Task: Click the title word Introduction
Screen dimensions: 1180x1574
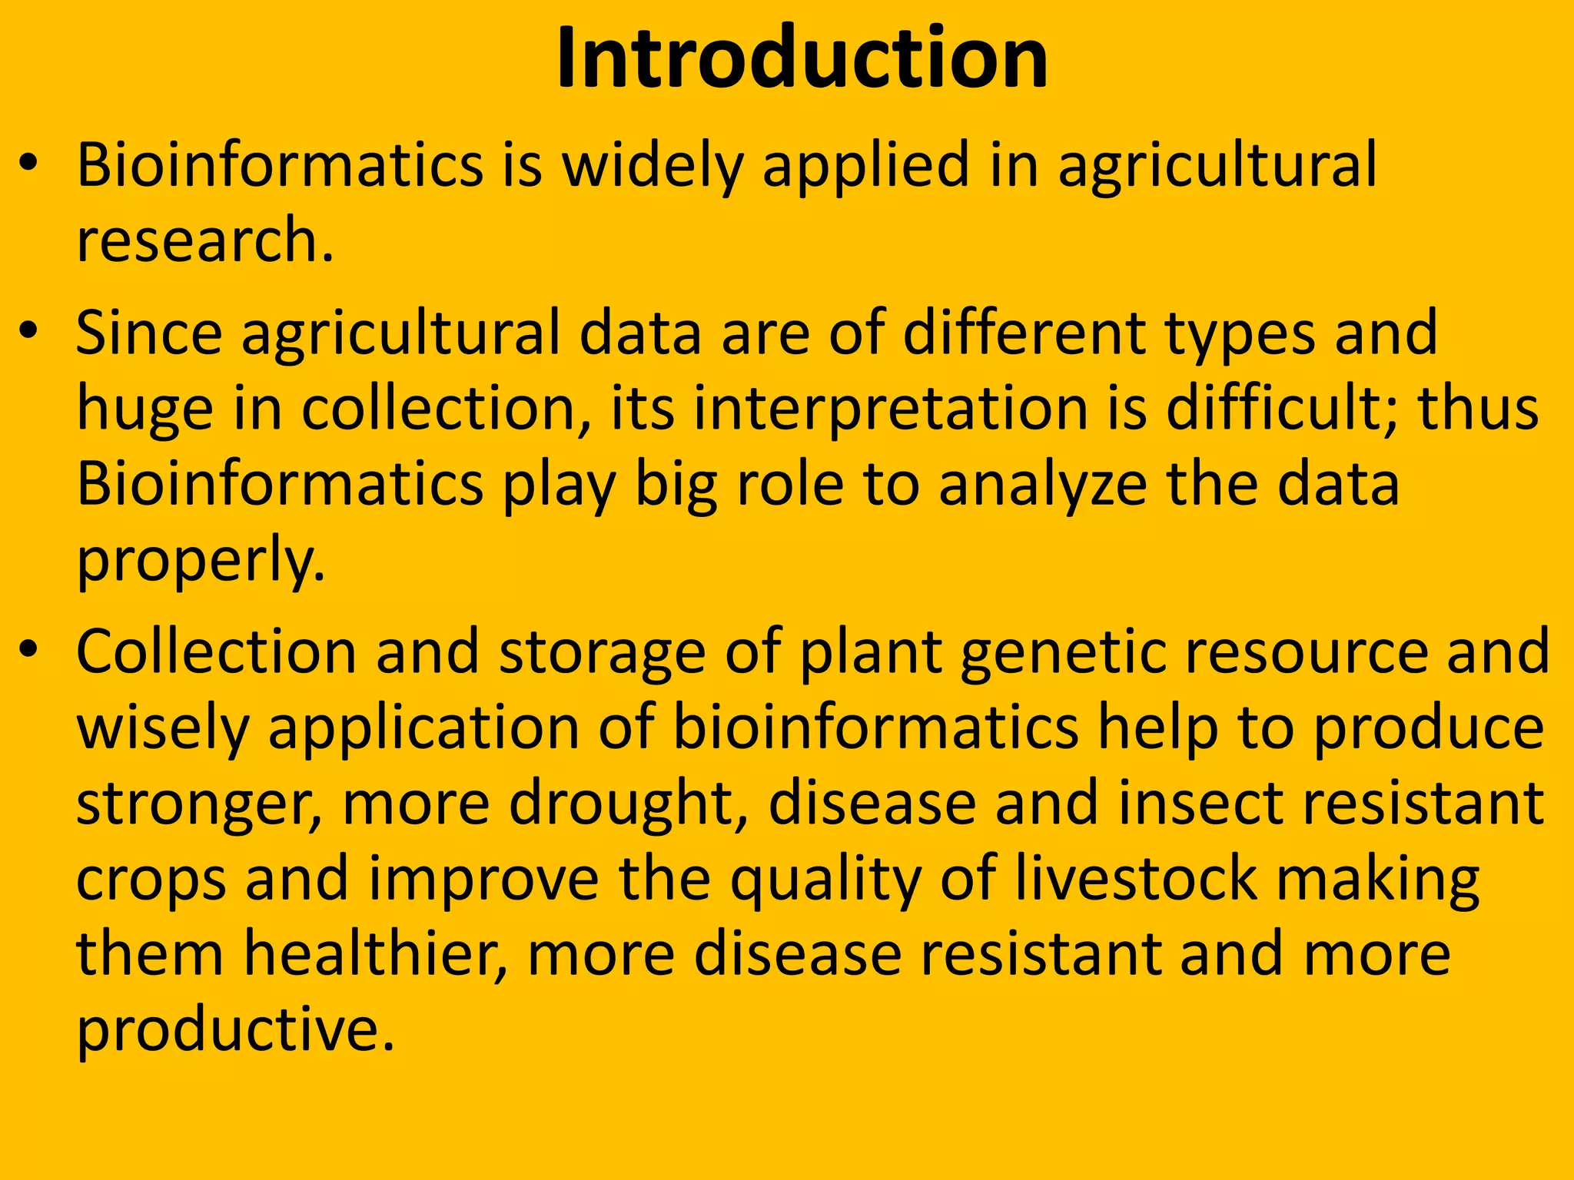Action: tap(802, 58)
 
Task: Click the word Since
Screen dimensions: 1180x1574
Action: tap(149, 333)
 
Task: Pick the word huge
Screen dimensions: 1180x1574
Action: tap(144, 410)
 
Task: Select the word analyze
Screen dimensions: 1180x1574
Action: tap(1042, 487)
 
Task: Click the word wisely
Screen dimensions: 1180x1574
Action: tap(163, 729)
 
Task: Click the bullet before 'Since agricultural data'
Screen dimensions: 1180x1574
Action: tap(29, 332)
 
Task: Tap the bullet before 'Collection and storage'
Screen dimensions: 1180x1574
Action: tap(29, 651)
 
